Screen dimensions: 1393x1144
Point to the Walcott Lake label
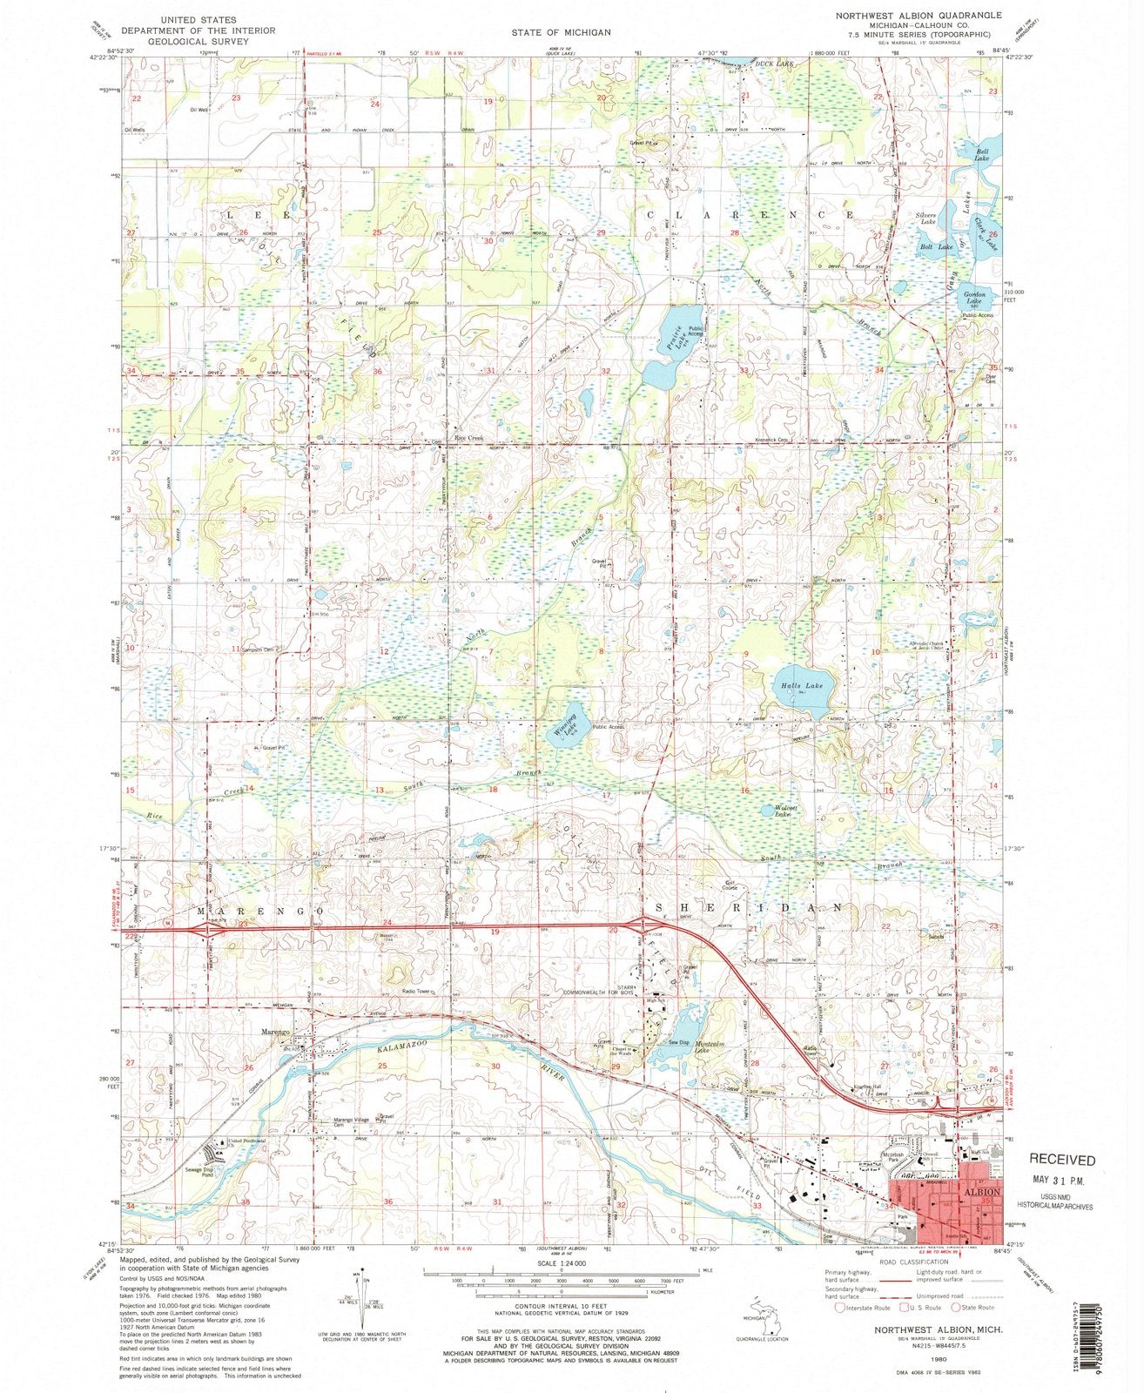pyautogui.click(x=787, y=811)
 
